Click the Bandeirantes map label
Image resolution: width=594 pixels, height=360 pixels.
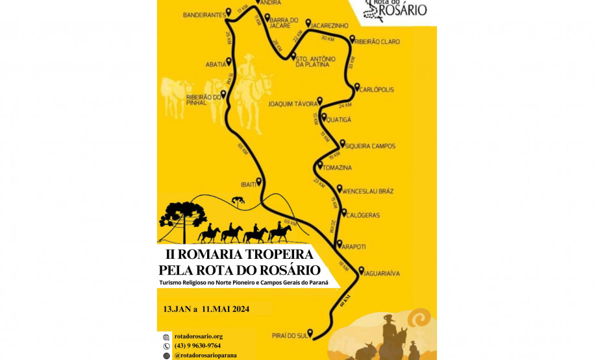pyautogui.click(x=204, y=14)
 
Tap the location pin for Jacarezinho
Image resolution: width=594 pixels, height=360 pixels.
pyautogui.click(x=308, y=23)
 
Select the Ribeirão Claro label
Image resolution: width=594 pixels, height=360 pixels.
pyautogui.click(x=379, y=42)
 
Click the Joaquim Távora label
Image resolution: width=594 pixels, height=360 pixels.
pyautogui.click(x=292, y=103)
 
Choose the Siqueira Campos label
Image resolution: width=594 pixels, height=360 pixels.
pyautogui.click(x=371, y=146)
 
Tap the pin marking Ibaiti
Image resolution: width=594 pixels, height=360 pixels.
pyautogui.click(x=259, y=181)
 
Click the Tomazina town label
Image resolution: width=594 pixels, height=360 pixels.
pyautogui.click(x=338, y=168)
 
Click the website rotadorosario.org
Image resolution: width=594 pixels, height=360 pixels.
pyautogui.click(x=198, y=336)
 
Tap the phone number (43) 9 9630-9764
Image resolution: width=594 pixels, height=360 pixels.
pyautogui.click(x=197, y=346)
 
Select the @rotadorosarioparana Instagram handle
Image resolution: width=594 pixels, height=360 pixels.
pyautogui.click(x=205, y=355)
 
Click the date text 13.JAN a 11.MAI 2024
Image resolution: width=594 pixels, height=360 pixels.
pyautogui.click(x=206, y=309)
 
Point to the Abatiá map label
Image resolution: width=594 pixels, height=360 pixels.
pyautogui.click(x=216, y=64)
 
